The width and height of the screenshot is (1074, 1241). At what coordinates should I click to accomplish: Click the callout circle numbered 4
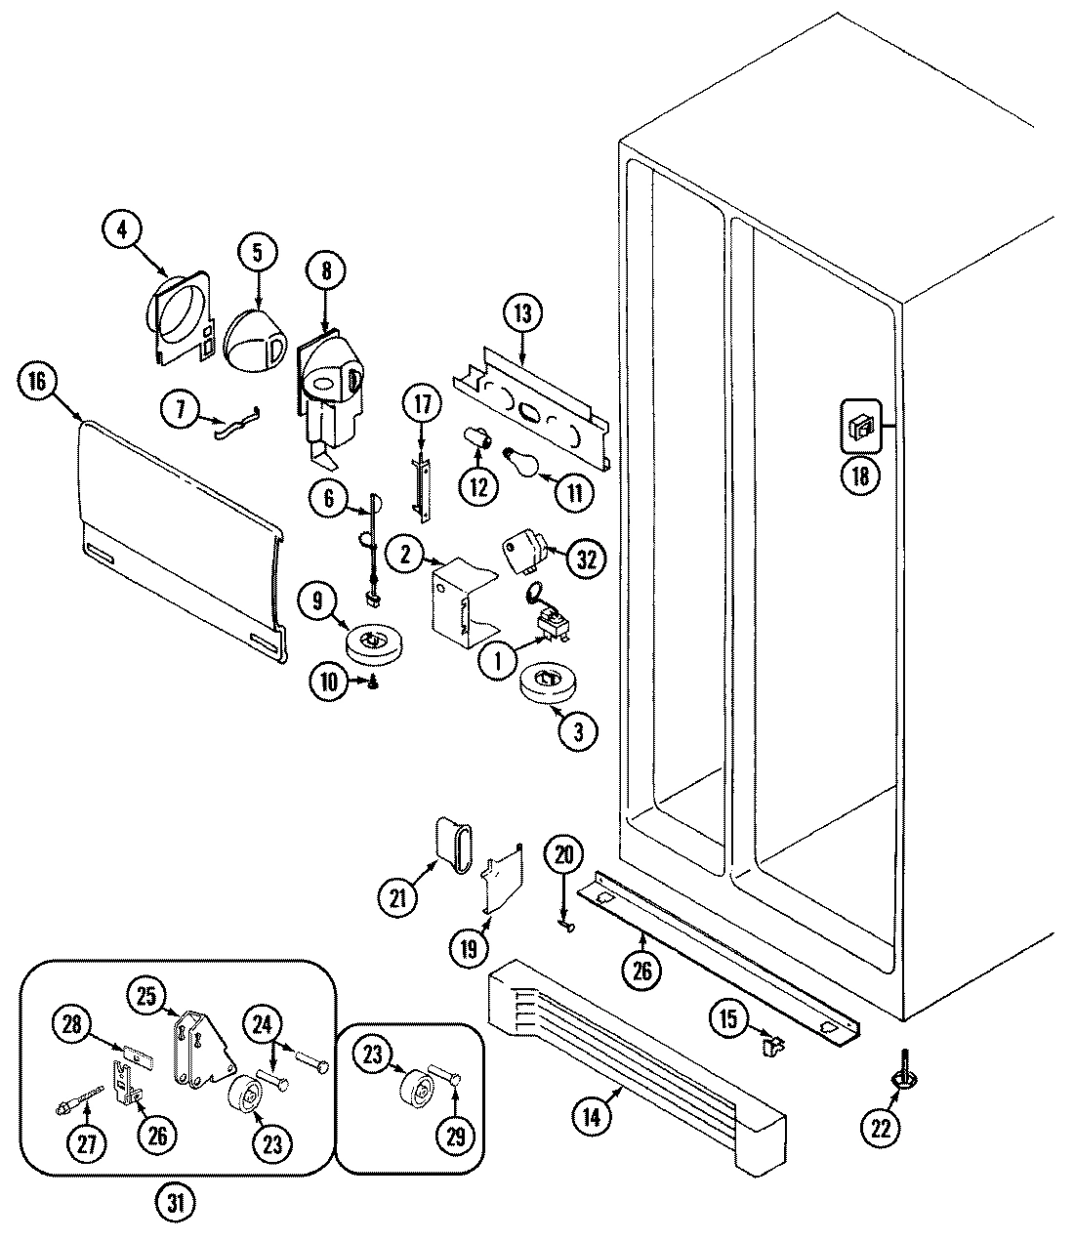(x=122, y=232)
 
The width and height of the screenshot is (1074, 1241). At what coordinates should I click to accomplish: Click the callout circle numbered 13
(x=523, y=314)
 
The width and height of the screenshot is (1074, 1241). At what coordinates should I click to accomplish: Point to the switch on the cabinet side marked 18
(x=860, y=427)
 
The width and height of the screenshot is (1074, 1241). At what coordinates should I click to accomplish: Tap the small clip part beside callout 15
(x=772, y=1048)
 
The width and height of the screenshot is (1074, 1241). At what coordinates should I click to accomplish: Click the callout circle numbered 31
(x=177, y=1204)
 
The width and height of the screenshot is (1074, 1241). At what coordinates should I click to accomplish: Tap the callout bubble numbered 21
(x=399, y=897)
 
